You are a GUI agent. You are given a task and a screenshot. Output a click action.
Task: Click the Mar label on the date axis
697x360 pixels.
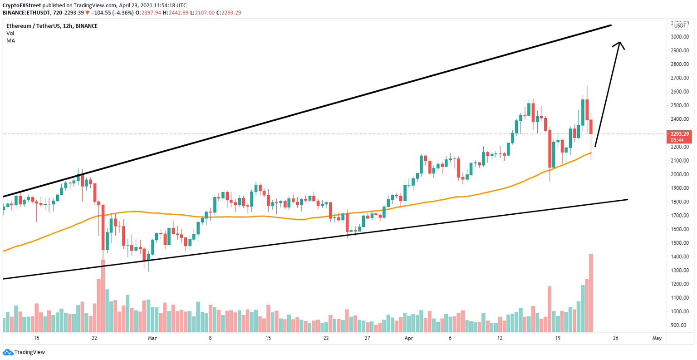[x=152, y=338]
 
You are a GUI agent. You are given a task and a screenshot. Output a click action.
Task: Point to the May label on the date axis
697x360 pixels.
[x=657, y=338]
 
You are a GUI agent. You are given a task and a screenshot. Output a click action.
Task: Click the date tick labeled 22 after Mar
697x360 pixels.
[x=326, y=338]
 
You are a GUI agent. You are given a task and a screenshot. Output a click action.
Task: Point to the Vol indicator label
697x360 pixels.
[x=10, y=33]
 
